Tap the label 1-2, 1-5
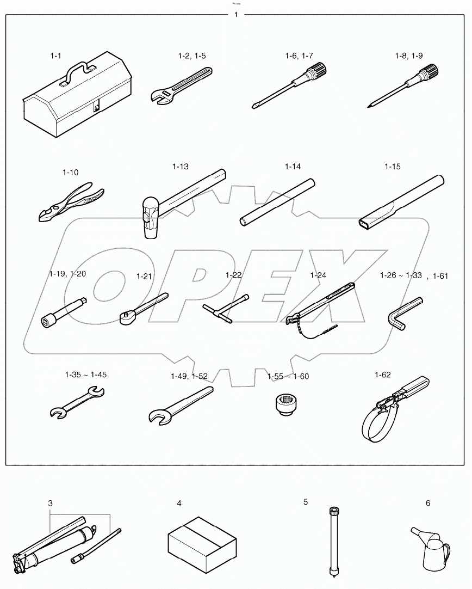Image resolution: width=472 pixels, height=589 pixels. tap(191, 56)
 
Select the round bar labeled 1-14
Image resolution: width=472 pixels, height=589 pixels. tap(278, 201)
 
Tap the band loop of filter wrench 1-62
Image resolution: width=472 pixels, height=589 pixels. tap(375, 424)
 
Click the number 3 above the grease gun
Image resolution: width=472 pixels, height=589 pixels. tap(51, 504)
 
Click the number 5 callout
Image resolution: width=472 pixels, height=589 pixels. tap(306, 501)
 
